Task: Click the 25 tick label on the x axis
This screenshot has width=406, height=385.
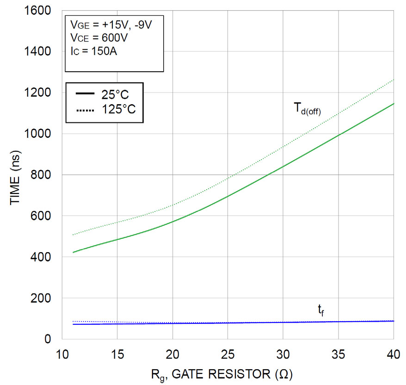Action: pyautogui.click(x=228, y=354)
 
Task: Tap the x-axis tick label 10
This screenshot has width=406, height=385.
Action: pyautogui.click(x=62, y=354)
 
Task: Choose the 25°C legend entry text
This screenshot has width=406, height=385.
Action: pyautogui.click(x=115, y=95)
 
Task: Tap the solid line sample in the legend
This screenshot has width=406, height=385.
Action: pyautogui.click(x=85, y=94)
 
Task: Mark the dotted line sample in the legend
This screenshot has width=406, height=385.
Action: pyautogui.click(x=85, y=110)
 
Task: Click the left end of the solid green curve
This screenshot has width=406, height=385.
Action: pyautogui.click(x=74, y=252)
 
